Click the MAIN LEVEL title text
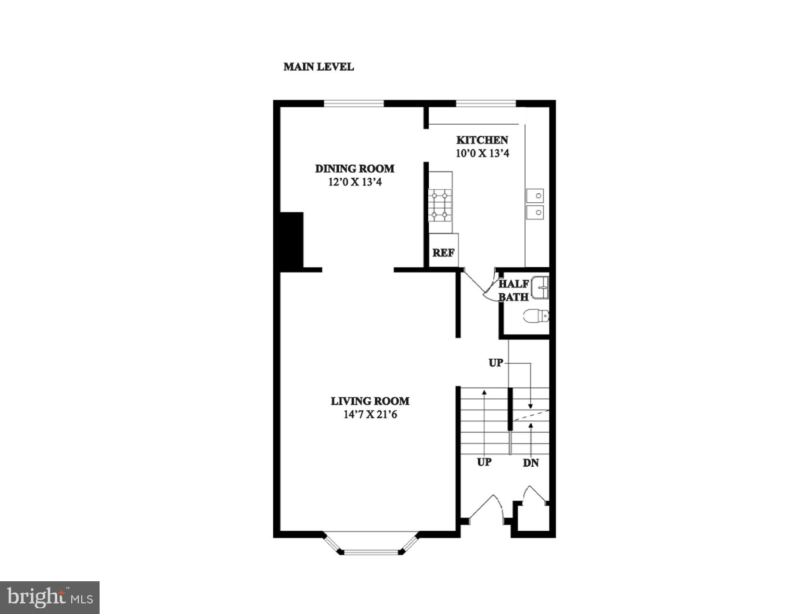(x=319, y=67)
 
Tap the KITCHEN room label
(x=482, y=140)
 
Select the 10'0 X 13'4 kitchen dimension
(x=482, y=154)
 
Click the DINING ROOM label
(x=355, y=169)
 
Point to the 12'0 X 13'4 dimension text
(x=355, y=183)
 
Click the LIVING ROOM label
(x=370, y=401)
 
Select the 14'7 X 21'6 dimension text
(x=370, y=415)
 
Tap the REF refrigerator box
(x=443, y=253)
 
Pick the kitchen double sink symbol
(x=535, y=204)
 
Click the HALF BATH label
(x=513, y=290)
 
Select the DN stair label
(x=531, y=463)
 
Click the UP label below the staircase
(x=484, y=462)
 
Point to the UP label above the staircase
(x=496, y=363)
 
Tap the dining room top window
(x=354, y=103)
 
